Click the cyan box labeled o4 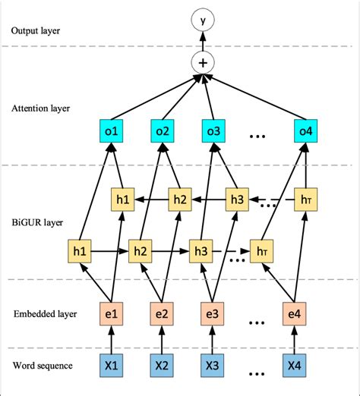305,134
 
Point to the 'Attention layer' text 42,108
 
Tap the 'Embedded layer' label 43,312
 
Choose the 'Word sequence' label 43,366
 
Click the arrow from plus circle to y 202,38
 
